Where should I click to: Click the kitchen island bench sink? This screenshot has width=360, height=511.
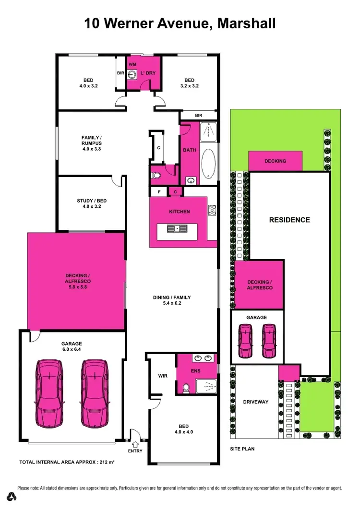(x=177, y=228)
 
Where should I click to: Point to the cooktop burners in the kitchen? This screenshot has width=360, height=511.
(x=212, y=210)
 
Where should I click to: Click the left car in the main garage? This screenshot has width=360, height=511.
(x=49, y=393)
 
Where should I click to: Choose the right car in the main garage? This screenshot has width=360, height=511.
(x=95, y=393)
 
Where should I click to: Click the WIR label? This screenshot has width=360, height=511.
(x=163, y=376)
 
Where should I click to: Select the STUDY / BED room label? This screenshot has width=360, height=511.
(x=91, y=204)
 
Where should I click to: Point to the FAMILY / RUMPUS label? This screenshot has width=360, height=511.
(x=91, y=143)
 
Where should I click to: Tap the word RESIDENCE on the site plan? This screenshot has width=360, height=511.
(x=289, y=220)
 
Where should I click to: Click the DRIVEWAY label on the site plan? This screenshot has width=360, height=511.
(x=255, y=402)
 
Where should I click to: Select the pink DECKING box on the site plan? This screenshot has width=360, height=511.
(x=275, y=161)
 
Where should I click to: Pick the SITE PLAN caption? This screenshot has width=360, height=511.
(x=242, y=449)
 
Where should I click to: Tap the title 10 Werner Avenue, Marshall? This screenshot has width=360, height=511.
(x=180, y=23)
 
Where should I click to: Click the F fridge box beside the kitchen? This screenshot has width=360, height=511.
(x=159, y=192)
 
